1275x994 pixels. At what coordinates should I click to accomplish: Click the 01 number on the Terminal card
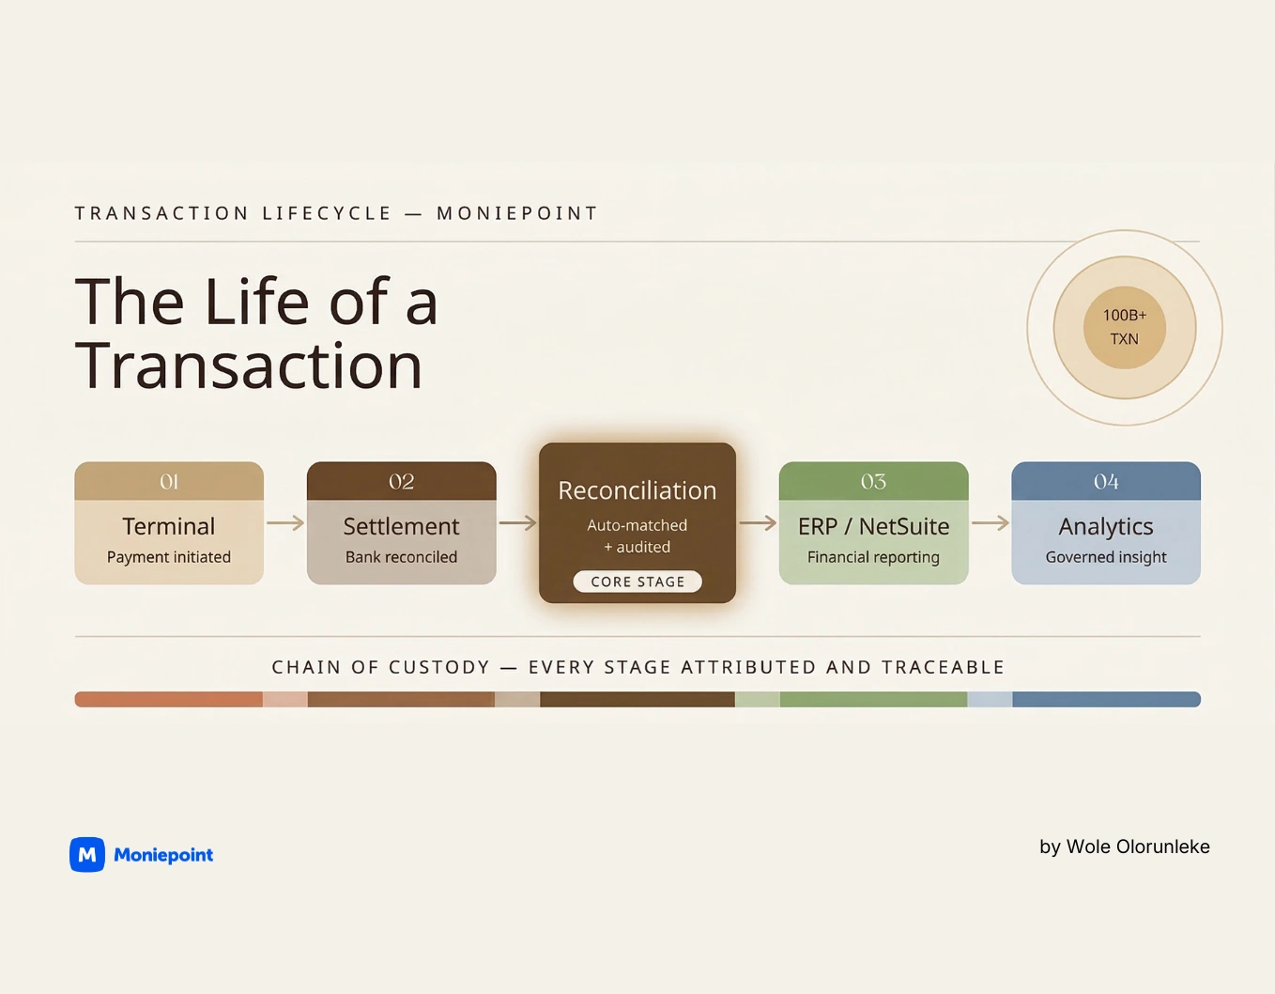[x=169, y=482]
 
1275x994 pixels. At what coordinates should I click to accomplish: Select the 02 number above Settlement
[x=401, y=482]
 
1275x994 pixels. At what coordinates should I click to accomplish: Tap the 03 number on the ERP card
[x=873, y=482]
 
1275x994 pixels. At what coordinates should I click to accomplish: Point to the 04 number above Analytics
[x=1106, y=482]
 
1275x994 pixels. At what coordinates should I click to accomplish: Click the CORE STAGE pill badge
[x=637, y=582]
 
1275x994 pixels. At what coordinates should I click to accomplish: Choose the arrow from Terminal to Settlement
[x=285, y=523]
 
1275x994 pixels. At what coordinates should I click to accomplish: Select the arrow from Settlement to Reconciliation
[x=517, y=523]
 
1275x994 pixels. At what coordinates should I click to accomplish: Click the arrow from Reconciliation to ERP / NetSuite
[x=758, y=523]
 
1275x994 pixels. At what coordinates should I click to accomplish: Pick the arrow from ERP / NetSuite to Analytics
[x=990, y=523]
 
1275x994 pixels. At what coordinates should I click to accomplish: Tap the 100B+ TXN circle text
[x=1124, y=327]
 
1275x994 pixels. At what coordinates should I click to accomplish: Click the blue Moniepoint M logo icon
[x=87, y=855]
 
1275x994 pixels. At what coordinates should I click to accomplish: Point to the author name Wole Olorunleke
[x=1138, y=846]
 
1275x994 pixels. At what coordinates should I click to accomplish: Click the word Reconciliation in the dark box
[x=637, y=490]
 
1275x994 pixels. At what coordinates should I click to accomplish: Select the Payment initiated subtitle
[x=169, y=557]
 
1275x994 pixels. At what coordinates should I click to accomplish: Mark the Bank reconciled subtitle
[x=401, y=557]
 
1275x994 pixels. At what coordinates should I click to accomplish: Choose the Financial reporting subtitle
[x=873, y=557]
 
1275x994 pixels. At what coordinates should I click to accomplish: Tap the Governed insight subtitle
[x=1106, y=557]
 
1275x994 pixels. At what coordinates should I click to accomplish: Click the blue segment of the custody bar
[x=1106, y=699]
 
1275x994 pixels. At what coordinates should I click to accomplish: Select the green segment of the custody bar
[x=873, y=699]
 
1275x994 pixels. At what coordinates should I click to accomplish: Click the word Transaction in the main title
[x=249, y=365]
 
